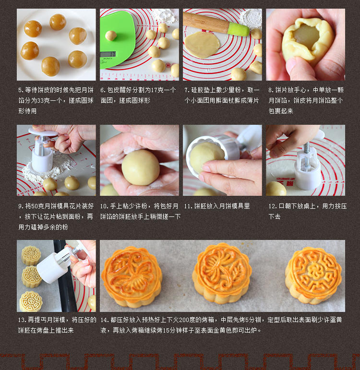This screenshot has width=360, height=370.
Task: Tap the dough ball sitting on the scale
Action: click(111, 36)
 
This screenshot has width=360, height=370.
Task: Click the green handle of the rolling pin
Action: click(238, 29)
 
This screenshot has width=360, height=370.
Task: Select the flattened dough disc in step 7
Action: click(202, 45)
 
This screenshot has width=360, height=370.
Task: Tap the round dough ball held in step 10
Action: click(141, 167)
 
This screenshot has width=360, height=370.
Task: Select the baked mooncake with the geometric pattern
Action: click(313, 275)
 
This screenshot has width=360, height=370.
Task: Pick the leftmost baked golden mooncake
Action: click(132, 277)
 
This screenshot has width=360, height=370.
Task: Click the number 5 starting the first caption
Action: click(21, 90)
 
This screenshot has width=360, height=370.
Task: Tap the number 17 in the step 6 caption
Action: click(154, 90)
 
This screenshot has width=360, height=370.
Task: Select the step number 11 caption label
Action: click(188, 206)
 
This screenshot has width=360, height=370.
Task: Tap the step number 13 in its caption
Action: click(22, 320)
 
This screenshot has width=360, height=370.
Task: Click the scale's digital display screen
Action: click(108, 54)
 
